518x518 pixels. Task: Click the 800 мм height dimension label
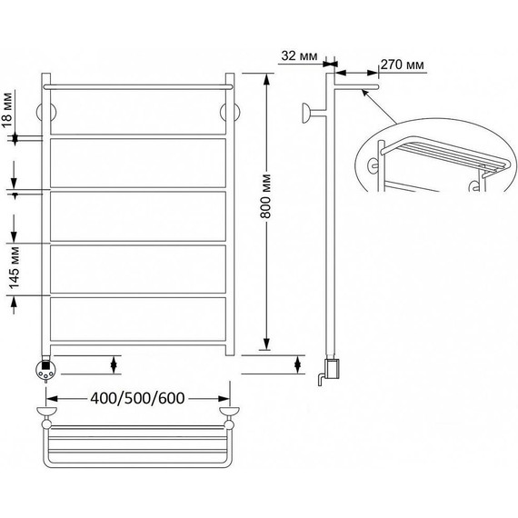265,196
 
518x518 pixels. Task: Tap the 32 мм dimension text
299,55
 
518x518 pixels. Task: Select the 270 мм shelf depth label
402,65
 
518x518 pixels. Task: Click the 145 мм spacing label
15,268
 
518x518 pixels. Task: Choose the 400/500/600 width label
137,398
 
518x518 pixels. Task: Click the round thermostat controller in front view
45,369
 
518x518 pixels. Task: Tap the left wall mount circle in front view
46,113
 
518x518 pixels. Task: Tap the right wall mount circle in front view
230,113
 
